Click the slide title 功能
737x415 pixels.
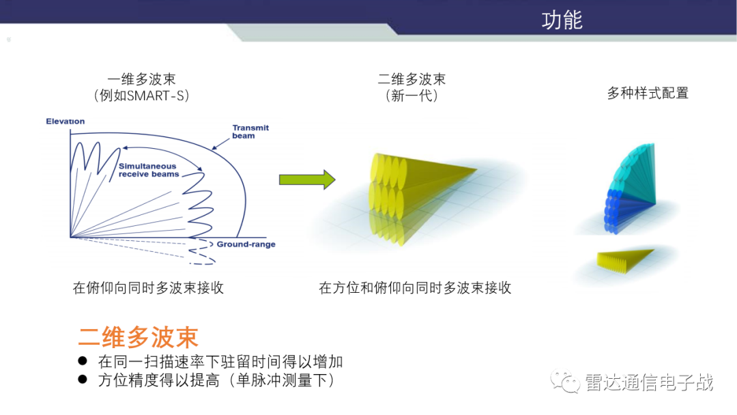(x=562, y=20)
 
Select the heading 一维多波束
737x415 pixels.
(x=141, y=79)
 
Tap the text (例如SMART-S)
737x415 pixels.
(x=141, y=96)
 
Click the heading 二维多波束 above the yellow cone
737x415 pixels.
(x=411, y=79)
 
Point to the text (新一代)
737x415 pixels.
(x=411, y=96)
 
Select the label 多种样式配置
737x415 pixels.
(x=648, y=93)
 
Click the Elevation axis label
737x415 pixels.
(x=66, y=121)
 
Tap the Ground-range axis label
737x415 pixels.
(x=246, y=244)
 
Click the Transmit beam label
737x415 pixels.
(x=250, y=132)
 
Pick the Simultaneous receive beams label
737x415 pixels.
(x=148, y=170)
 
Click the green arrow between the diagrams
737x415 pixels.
(x=307, y=180)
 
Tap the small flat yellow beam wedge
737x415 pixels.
(x=623, y=258)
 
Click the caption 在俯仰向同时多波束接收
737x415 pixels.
(x=148, y=288)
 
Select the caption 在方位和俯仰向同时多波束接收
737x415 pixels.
(x=415, y=288)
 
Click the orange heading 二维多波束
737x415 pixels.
(x=138, y=337)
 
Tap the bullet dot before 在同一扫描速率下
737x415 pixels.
(x=83, y=360)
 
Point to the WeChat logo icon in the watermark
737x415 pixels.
(x=566, y=382)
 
